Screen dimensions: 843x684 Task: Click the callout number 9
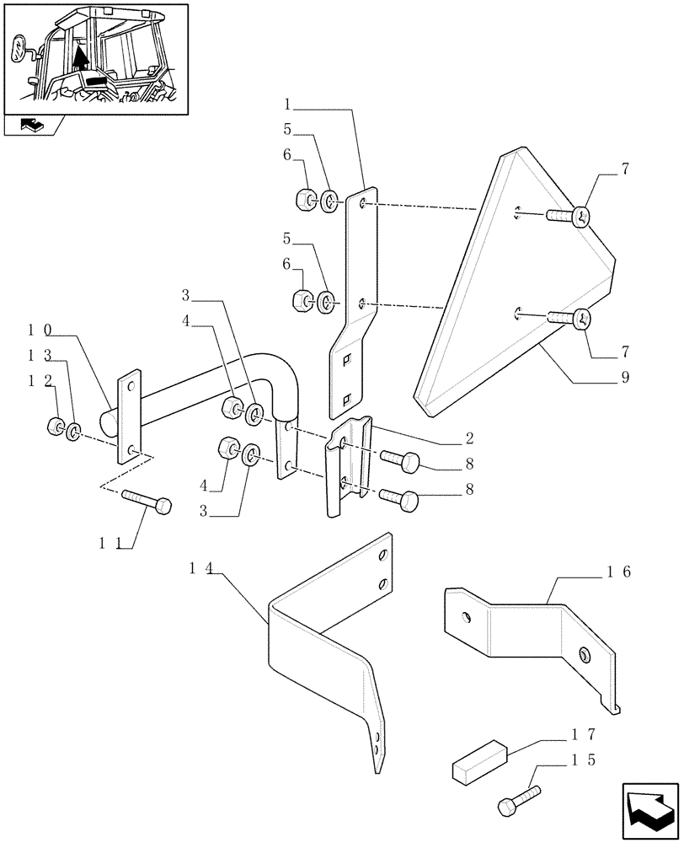click(624, 379)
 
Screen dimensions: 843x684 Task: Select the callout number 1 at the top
click(288, 106)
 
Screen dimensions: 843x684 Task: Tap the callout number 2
click(468, 438)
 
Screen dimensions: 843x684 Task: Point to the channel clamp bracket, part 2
click(349, 472)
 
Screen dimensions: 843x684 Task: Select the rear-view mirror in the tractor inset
click(19, 50)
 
